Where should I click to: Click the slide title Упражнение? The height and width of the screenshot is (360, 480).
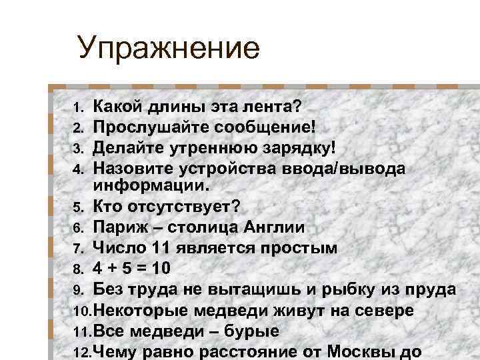(167, 49)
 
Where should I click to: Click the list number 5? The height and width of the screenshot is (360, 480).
(77, 207)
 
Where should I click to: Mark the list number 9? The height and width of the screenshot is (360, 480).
(77, 290)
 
